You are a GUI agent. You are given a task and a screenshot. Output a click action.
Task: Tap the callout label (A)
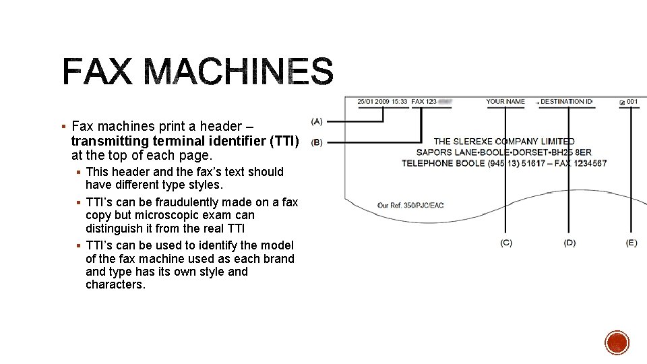click(x=317, y=121)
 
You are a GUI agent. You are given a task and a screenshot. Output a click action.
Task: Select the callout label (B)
click(x=317, y=143)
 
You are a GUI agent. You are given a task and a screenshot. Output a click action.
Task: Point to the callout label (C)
click(x=505, y=243)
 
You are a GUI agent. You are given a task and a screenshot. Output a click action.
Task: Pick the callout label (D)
click(x=569, y=243)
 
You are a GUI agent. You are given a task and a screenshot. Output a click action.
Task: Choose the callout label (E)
click(x=631, y=243)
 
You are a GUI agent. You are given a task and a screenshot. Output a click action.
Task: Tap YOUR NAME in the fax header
click(x=505, y=102)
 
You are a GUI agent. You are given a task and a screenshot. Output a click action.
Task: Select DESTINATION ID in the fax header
click(x=566, y=102)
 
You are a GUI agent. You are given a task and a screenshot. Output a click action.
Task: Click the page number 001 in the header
click(x=632, y=102)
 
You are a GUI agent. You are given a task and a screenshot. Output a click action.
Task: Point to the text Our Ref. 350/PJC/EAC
click(x=411, y=205)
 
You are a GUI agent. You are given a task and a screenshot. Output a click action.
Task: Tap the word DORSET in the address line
click(x=536, y=152)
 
